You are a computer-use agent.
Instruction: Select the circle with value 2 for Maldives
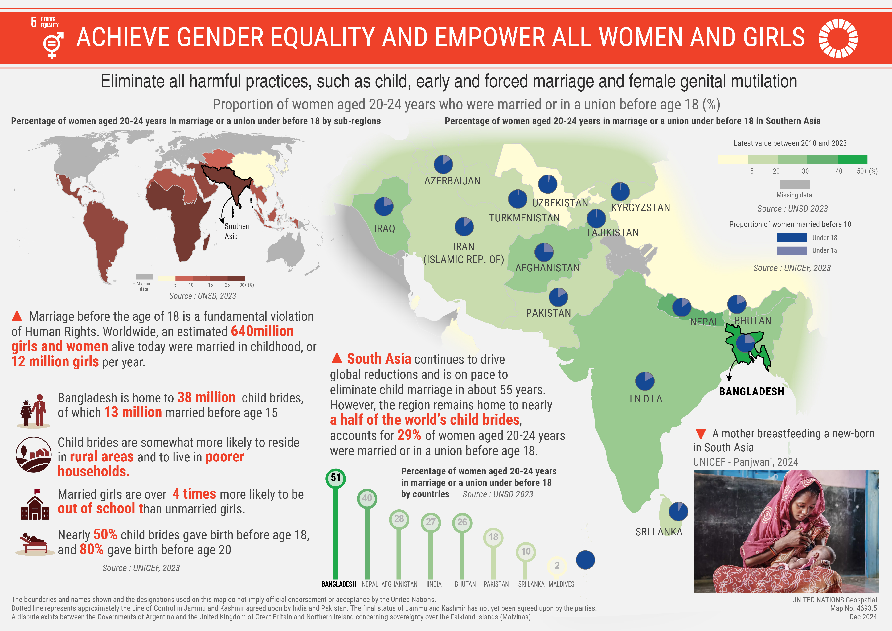pos(557,566)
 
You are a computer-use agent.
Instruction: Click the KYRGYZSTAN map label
pos(640,208)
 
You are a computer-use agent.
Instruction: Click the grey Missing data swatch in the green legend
pos(795,184)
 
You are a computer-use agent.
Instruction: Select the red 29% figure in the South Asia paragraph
pos(409,435)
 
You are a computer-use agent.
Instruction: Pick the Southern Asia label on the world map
pos(238,231)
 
